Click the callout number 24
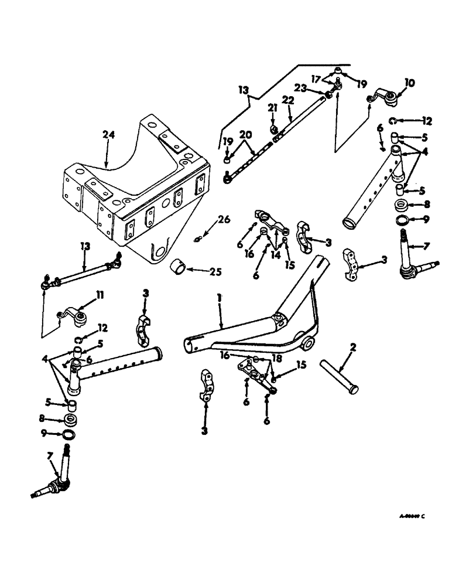pos(109,135)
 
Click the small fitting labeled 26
pos(200,238)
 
